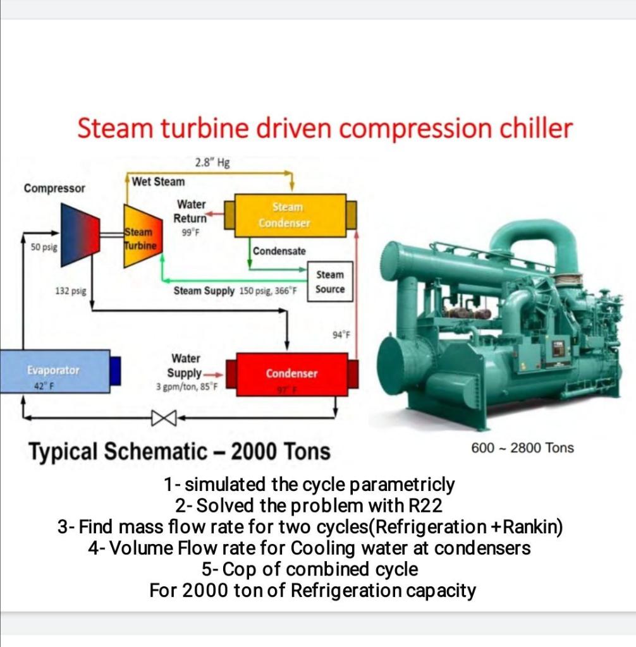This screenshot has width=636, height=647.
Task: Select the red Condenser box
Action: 291,374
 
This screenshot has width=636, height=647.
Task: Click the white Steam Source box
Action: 329,282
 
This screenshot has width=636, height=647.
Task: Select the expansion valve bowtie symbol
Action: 161,417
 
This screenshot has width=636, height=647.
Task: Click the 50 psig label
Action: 44,247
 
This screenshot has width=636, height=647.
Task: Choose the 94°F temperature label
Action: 341,335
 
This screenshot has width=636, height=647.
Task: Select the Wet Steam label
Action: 159,182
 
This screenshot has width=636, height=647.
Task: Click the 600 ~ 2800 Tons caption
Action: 523,448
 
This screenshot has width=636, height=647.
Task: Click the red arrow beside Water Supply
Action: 215,373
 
